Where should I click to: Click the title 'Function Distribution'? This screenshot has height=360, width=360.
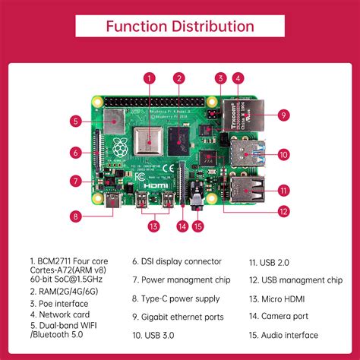coord(179,27)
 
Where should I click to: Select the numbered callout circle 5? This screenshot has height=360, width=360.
coord(77,120)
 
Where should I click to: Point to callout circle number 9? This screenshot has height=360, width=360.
coord(282,115)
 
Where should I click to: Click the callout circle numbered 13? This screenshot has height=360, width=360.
coord(154,226)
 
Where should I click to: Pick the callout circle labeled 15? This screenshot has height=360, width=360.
coord(198,226)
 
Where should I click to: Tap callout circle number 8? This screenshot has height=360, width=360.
coord(76,216)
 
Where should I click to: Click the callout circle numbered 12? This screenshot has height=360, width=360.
coord(283,211)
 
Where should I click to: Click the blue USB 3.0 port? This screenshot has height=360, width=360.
coord(244,154)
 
